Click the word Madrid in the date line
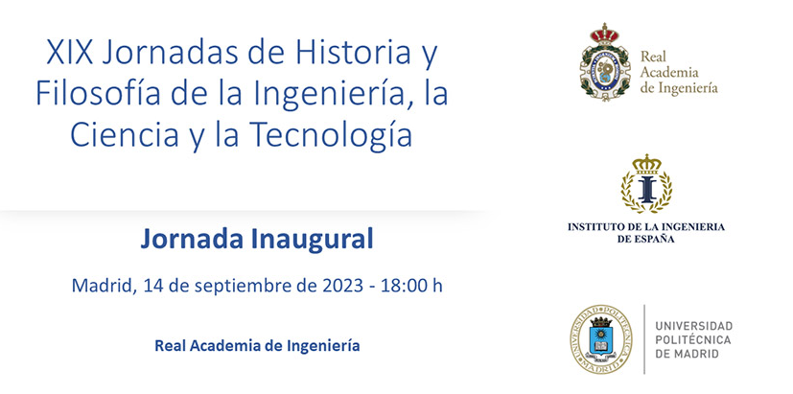click(x=103, y=286)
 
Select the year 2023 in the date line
click(x=343, y=286)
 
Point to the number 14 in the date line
click(x=152, y=286)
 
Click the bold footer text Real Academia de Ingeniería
click(x=257, y=346)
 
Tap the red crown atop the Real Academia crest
click(x=605, y=34)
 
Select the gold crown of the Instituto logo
click(x=647, y=164)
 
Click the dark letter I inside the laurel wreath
click(x=647, y=190)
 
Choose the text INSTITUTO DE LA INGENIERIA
click(x=646, y=226)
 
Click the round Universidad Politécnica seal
click(x=601, y=339)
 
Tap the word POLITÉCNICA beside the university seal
click(x=693, y=340)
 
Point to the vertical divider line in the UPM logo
click(x=644, y=339)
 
